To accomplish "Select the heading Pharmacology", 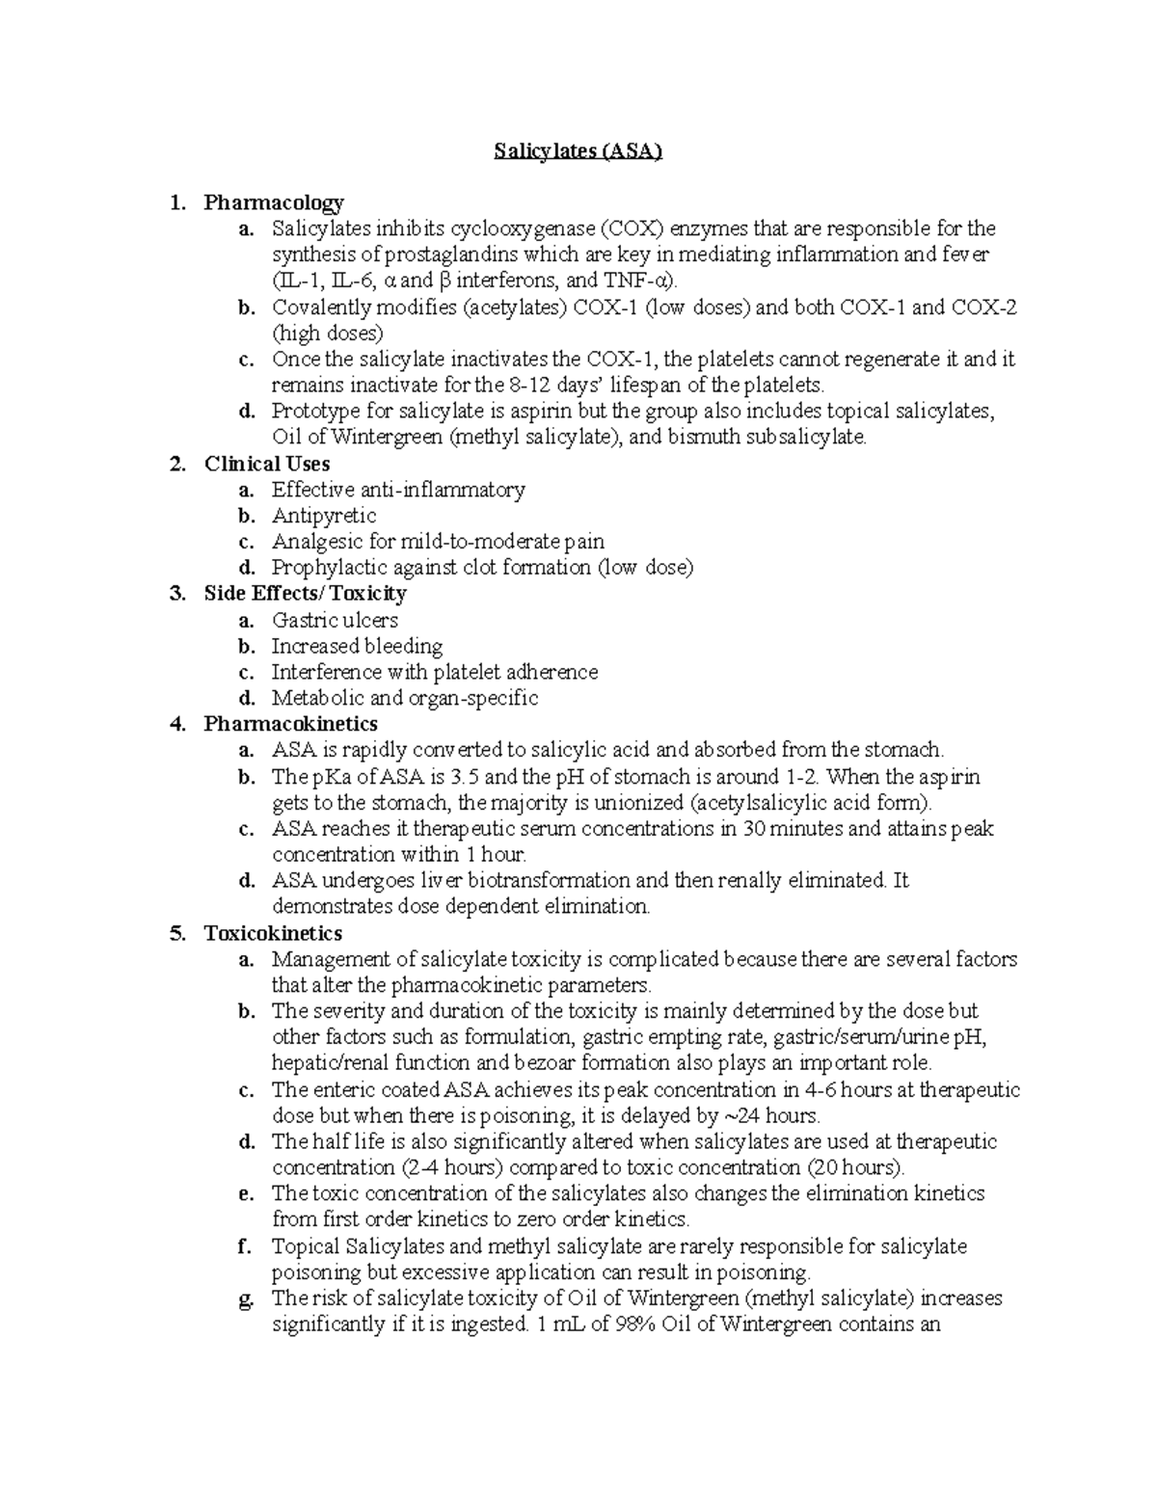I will (x=273, y=202).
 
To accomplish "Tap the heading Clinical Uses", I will (x=266, y=464).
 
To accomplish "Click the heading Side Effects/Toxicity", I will (x=305, y=594).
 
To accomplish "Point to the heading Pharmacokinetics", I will (x=290, y=724).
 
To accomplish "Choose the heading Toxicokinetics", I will (x=273, y=933).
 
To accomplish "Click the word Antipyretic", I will (x=323, y=516).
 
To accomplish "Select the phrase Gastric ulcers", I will (x=334, y=620).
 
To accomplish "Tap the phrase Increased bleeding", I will (x=356, y=646).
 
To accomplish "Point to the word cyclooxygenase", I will (x=522, y=229).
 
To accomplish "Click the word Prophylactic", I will (x=327, y=568).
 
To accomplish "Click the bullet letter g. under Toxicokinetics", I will (x=245, y=1298).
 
